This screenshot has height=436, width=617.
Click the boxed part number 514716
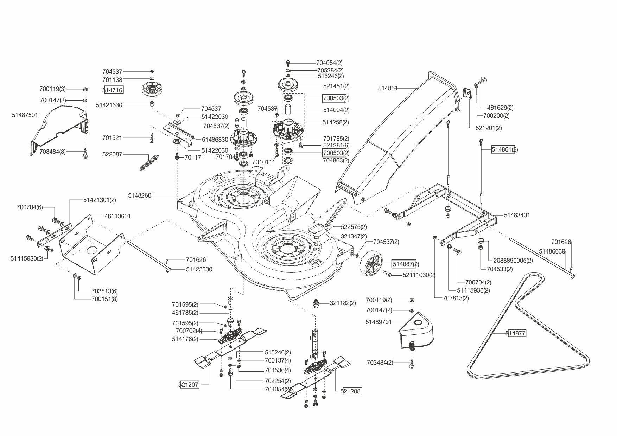113,90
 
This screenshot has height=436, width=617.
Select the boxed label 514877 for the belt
517,333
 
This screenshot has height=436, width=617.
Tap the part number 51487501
25,115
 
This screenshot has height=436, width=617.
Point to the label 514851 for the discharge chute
388,89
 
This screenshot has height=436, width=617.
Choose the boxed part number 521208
352,391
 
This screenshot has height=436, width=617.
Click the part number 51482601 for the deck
141,195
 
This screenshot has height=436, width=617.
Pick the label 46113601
117,216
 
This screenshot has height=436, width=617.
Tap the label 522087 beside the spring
112,154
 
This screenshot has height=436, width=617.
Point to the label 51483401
517,215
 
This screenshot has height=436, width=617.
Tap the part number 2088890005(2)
513,261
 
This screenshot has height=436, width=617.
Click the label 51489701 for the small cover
378,322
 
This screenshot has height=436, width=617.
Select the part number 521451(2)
336,86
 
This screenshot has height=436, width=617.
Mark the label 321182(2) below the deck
343,303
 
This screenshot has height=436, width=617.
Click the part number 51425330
199,270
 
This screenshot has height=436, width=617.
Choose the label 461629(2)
500,108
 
